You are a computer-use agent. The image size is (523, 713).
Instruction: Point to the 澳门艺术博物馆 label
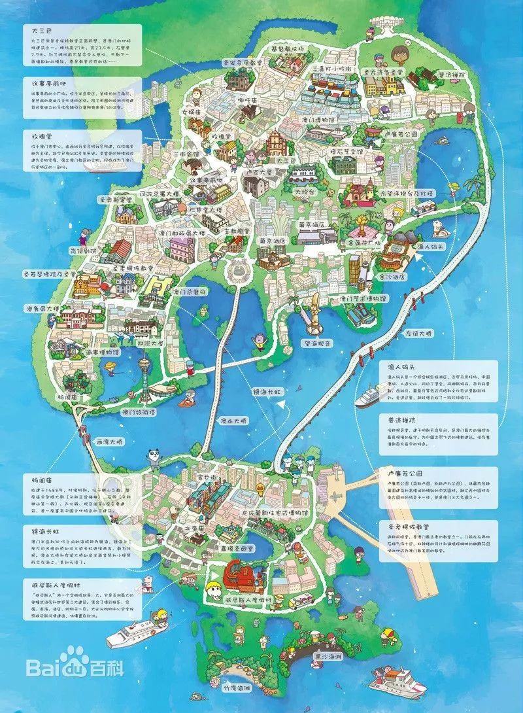[354, 298]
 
